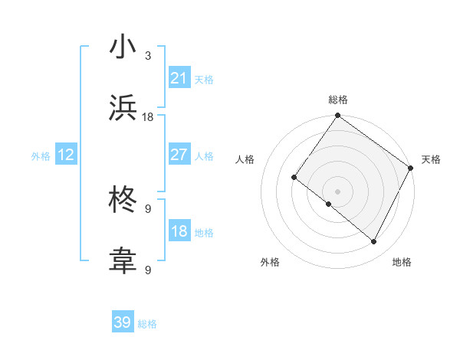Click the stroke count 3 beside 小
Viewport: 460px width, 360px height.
pos(148,57)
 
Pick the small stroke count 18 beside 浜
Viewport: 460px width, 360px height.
pos(148,116)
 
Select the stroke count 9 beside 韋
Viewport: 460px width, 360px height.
pos(148,270)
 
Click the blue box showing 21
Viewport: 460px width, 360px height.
pos(179,78)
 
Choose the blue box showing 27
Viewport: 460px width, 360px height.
pos(179,155)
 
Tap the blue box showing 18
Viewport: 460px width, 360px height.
pos(179,231)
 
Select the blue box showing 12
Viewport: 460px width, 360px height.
pos(66,155)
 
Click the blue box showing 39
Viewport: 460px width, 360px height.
pos(123,322)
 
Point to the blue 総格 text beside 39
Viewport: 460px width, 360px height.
pos(147,324)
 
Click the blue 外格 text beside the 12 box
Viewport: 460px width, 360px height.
pos(41,155)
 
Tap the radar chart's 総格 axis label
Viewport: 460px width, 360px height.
pos(337,100)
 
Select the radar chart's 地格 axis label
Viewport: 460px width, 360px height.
pos(402,262)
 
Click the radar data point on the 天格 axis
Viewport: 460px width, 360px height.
pos(411,168)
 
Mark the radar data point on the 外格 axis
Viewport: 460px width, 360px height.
pos(329,205)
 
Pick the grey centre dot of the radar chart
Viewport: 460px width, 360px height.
pos(337,191)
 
